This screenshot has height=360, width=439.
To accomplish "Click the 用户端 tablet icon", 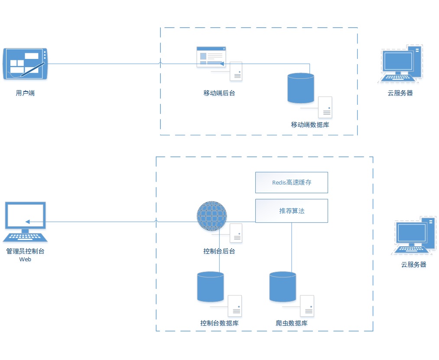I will pyautogui.click(x=26, y=64).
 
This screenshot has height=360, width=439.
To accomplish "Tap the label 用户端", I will pyautogui.click(x=25, y=93).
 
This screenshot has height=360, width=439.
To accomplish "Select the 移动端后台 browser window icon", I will pyautogui.click(x=211, y=57).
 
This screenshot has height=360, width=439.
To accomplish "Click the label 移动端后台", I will pyautogui.click(x=219, y=93).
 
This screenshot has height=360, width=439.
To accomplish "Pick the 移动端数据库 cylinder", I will pyautogui.click(x=301, y=88).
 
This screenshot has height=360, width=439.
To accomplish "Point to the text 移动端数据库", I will pyautogui.click(x=310, y=125).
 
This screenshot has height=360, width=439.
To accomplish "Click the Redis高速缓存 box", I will pyautogui.click(x=291, y=182).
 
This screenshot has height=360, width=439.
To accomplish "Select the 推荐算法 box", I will pyautogui.click(x=291, y=211).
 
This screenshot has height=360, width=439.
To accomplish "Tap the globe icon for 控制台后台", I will pyautogui.click(x=212, y=216).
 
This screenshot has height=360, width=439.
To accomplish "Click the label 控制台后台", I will pyautogui.click(x=219, y=251).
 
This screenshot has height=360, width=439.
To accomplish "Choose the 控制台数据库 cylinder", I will pyautogui.click(x=211, y=286).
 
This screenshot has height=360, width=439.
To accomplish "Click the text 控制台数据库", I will pyautogui.click(x=219, y=323).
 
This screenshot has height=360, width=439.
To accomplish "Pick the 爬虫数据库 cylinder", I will pyautogui.click(x=283, y=286).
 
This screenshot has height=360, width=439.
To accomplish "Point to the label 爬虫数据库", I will pyautogui.click(x=292, y=323).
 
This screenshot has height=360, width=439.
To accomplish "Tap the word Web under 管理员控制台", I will pyautogui.click(x=25, y=259).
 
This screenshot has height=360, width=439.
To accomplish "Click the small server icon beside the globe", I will pyautogui.click(x=236, y=233).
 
